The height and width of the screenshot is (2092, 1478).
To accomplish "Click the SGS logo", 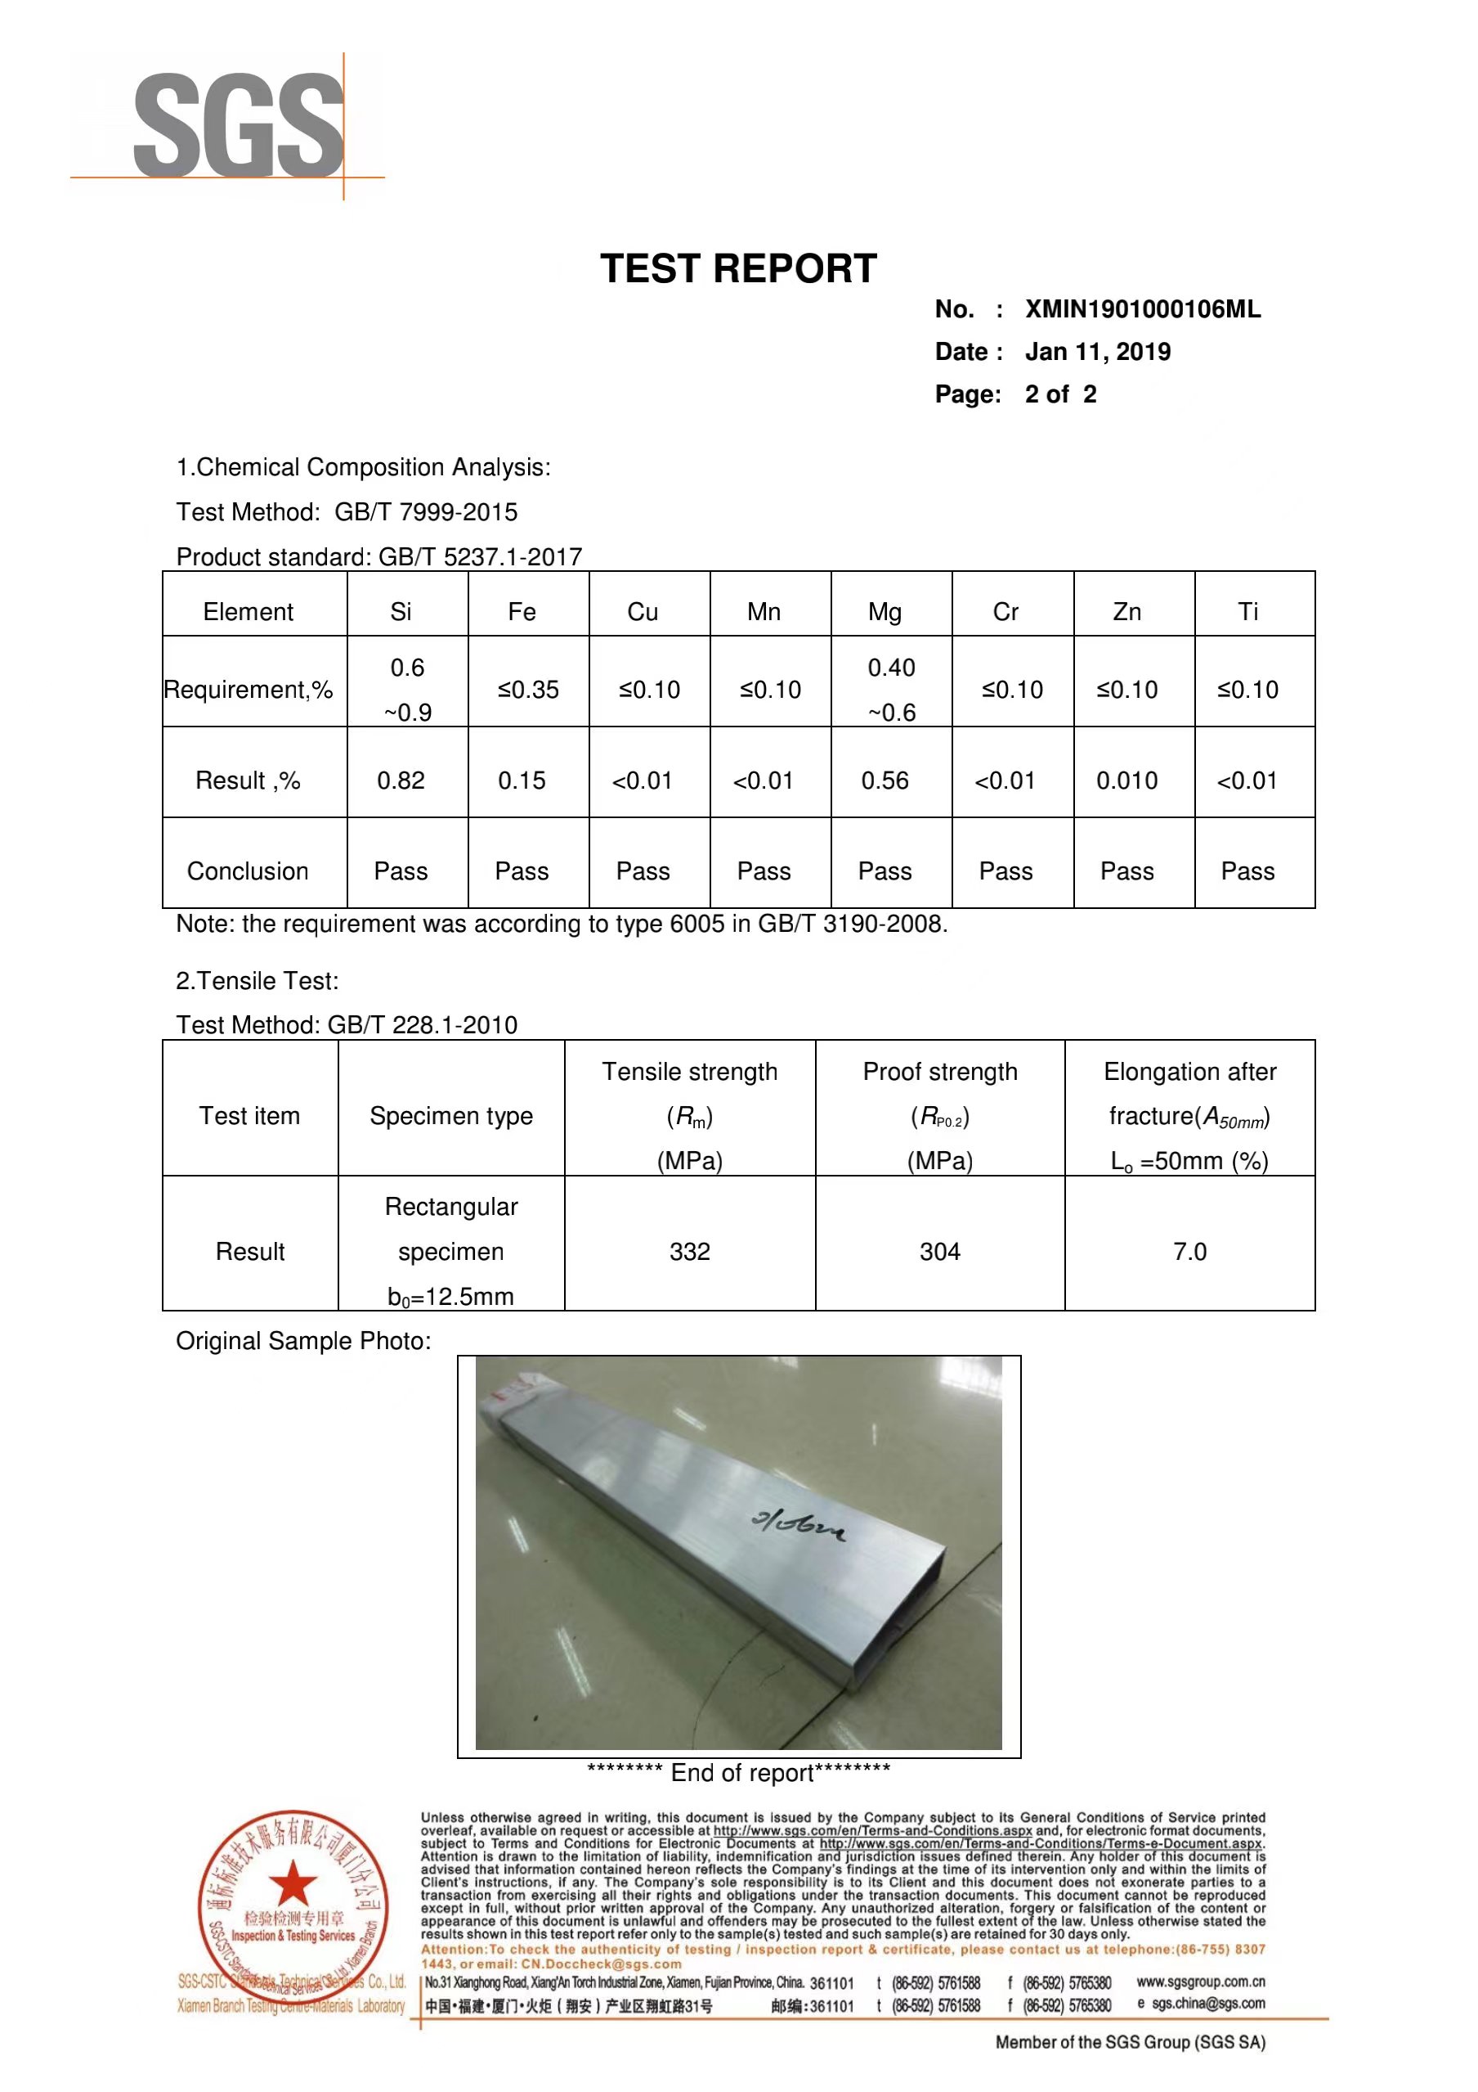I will click(x=239, y=126).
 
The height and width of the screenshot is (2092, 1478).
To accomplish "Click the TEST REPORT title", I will click(x=737, y=269).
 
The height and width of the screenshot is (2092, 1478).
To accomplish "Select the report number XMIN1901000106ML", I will click(x=1143, y=310).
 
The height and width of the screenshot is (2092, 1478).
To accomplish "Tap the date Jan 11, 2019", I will click(x=1097, y=352).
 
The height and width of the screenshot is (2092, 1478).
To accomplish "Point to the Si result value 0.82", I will click(x=401, y=781).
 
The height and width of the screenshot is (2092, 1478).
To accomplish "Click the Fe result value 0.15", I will click(x=522, y=781).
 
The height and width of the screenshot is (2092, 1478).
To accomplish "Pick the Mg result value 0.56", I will click(x=885, y=781).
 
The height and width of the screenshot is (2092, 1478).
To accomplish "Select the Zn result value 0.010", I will click(x=1126, y=781).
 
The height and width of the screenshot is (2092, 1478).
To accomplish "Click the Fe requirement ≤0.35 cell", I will click(x=528, y=690).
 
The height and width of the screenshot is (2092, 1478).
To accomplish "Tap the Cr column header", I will click(x=1005, y=612).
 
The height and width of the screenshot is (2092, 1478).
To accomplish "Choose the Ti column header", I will click(x=1247, y=612).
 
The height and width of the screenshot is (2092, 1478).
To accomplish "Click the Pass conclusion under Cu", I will click(x=643, y=872).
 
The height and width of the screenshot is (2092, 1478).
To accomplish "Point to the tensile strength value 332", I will click(x=689, y=1252).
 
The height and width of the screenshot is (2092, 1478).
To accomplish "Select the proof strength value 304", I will click(x=940, y=1252).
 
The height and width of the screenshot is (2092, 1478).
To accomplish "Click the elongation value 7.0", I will click(x=1189, y=1252).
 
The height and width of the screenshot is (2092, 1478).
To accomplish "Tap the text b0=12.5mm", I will click(x=450, y=1297).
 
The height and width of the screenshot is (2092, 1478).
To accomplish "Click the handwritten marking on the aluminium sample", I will click(x=798, y=1523).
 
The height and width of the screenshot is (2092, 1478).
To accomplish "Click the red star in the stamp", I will click(x=293, y=1883).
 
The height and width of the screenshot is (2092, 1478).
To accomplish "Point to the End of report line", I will click(x=738, y=1773).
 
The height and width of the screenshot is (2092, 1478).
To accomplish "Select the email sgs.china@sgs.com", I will click(x=1207, y=2004).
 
